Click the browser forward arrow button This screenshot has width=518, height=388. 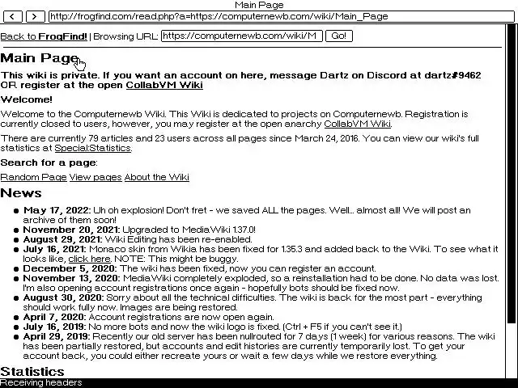tap(35, 16)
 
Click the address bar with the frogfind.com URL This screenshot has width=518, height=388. tap(275, 16)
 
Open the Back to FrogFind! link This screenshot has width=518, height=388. tap(44, 36)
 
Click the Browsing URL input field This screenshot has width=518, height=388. tap(241, 36)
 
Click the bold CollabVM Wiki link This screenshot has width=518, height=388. tap(164, 85)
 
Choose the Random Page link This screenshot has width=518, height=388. tap(33, 177)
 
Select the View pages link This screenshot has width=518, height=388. tap(96, 177)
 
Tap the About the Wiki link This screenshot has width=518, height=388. tap(157, 177)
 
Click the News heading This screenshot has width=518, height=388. tap(21, 193)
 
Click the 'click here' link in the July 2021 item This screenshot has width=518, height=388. tap(89, 259)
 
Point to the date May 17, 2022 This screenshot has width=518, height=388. tap(56, 210)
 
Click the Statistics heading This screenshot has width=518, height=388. tap(32, 372)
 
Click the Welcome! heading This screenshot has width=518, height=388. tap(26, 99)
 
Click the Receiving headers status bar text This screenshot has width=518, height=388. tap(40, 383)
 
